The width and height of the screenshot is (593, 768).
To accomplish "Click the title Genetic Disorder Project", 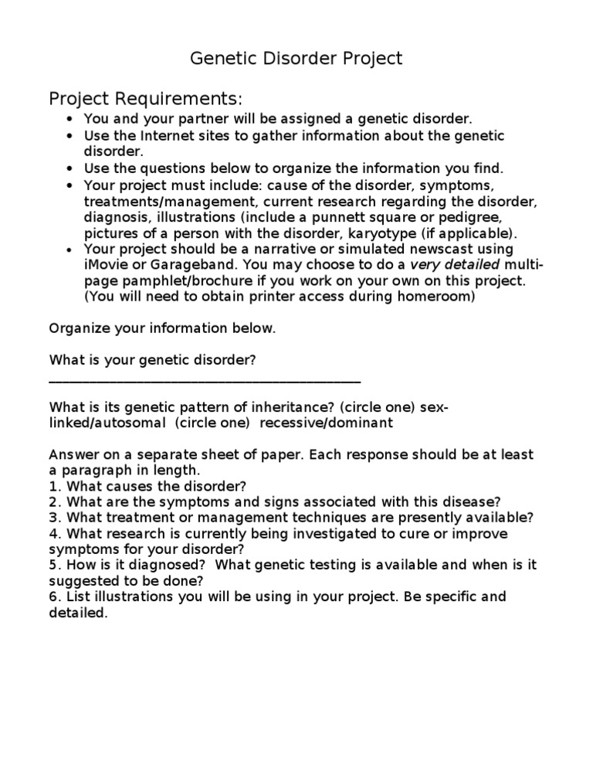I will point(296,59).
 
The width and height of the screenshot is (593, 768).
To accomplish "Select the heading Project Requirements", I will point(146,99).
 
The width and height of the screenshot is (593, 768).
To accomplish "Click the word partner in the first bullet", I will point(200,119).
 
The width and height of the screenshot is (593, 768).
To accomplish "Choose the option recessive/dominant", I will point(327,423).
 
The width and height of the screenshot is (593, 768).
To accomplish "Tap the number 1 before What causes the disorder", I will point(53,486).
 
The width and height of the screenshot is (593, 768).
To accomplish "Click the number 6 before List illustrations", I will point(53,597).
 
